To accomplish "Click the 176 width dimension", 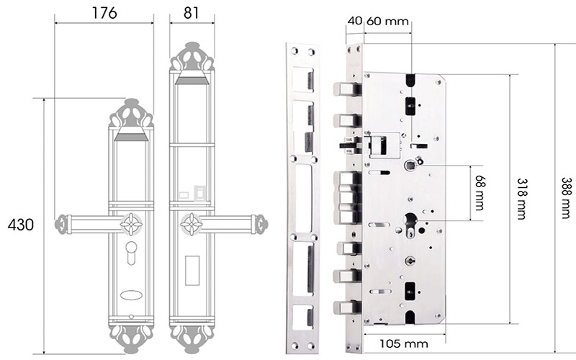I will point(104,13).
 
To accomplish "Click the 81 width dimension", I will point(191,13).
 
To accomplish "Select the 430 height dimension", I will point(21,225).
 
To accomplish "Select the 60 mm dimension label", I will point(387,21).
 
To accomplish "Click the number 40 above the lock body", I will point(354,21).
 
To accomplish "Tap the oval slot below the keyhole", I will point(131,294).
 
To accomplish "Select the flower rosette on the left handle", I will point(131,224).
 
